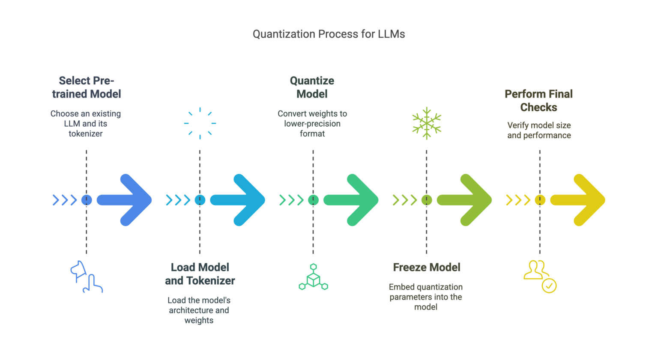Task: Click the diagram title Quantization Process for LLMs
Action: click(x=329, y=34)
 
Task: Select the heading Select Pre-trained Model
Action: click(x=87, y=87)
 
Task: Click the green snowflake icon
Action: click(x=427, y=123)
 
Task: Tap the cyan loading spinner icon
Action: click(x=200, y=123)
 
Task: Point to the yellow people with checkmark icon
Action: click(x=540, y=277)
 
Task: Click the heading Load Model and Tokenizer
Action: click(x=200, y=274)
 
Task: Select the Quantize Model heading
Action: click(x=312, y=87)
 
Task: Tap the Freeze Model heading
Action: click(x=427, y=268)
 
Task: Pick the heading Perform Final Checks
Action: click(x=539, y=101)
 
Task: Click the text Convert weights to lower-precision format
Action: click(x=312, y=124)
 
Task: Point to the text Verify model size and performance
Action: click(x=539, y=131)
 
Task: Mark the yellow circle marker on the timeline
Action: click(x=540, y=200)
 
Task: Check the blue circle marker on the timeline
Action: click(x=87, y=200)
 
